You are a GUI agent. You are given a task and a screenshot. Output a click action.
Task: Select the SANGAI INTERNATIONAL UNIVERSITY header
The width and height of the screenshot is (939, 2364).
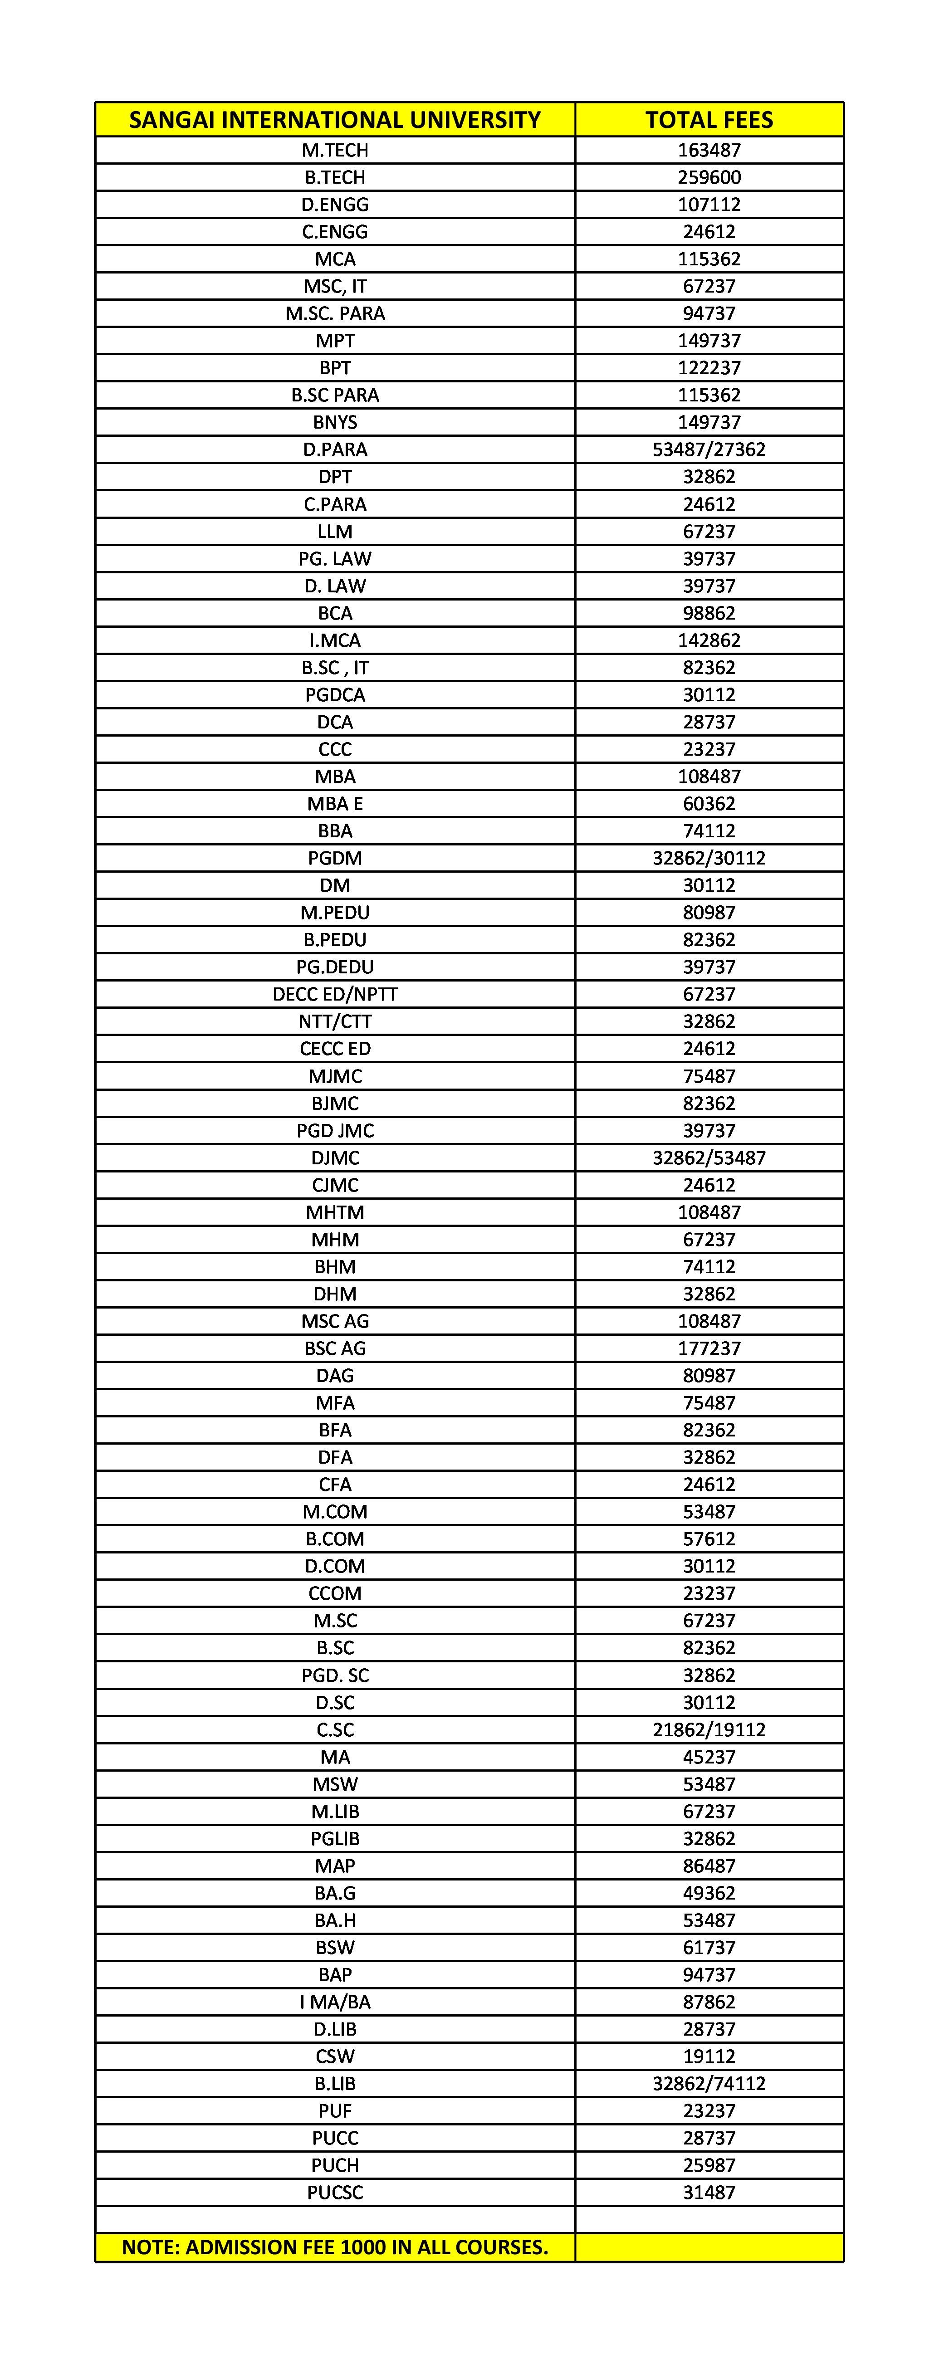click(x=335, y=120)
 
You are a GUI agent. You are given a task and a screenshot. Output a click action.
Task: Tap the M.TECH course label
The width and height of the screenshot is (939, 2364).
click(x=335, y=151)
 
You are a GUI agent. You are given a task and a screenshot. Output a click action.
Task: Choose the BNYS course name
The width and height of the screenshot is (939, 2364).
click(x=335, y=422)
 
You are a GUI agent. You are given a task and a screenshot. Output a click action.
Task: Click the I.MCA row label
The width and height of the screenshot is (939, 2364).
click(x=335, y=640)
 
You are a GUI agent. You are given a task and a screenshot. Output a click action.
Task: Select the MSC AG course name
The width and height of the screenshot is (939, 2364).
click(x=335, y=1322)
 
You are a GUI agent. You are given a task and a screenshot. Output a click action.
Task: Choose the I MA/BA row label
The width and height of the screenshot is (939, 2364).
click(x=335, y=2003)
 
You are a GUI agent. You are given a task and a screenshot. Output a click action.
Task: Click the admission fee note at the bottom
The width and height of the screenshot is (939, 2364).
click(x=335, y=2247)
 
